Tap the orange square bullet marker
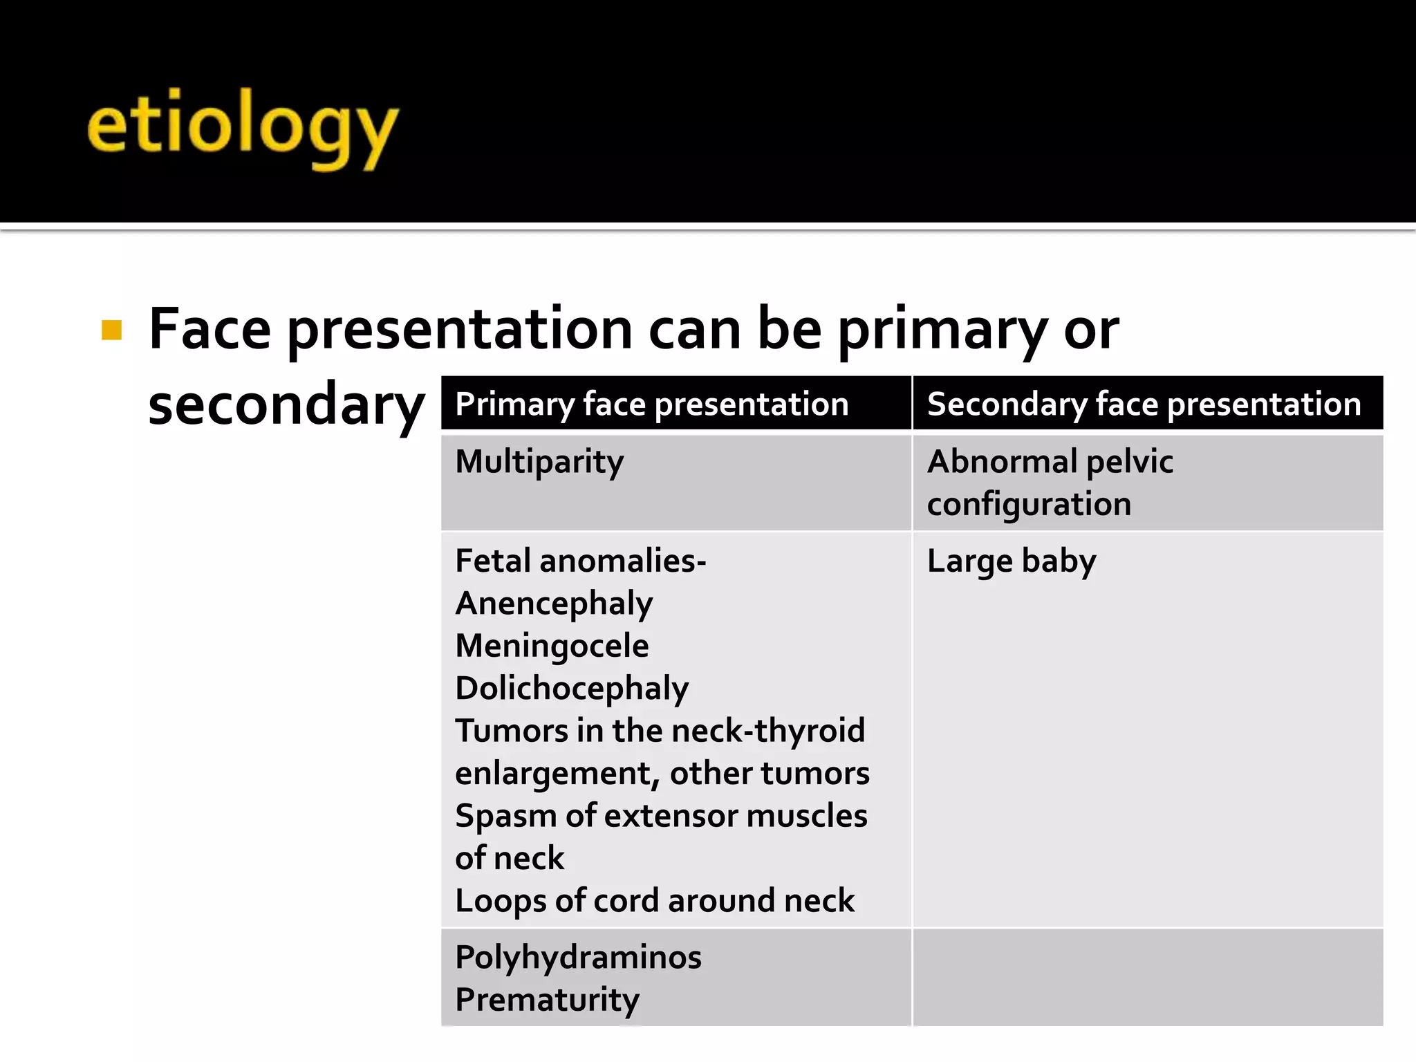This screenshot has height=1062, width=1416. [111, 330]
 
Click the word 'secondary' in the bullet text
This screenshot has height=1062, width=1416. [286, 404]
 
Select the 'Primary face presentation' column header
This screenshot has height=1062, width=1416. [651, 404]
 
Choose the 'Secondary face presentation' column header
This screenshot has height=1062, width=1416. [1144, 404]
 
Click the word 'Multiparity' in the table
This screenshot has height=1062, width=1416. [539, 462]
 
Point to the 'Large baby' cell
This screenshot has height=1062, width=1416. [1011, 561]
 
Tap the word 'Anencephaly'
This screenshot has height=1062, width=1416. [554, 604]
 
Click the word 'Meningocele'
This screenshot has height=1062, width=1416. [552, 646]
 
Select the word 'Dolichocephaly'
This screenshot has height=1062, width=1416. [572, 689]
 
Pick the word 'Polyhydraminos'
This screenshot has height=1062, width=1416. [578, 958]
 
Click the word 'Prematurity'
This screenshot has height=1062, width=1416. [547, 1000]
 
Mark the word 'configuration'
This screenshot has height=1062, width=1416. [1029, 504]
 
